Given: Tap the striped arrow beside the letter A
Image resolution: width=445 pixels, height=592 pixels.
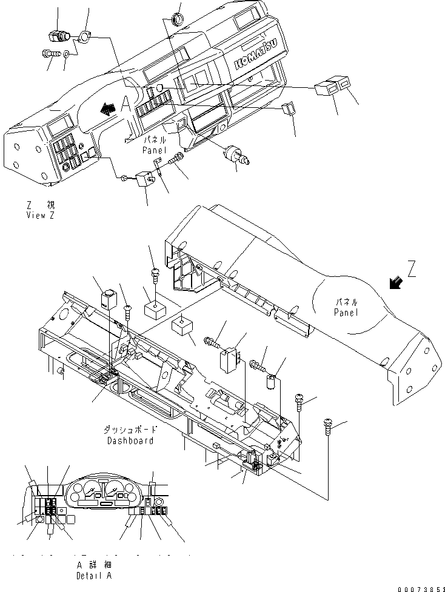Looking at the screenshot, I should coord(107,108).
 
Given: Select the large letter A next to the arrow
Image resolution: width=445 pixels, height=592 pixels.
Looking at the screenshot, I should coord(126,104).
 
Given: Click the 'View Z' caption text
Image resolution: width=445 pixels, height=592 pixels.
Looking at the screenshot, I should coord(40,211).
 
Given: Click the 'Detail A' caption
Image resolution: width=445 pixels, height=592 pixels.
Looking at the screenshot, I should coord(94,570).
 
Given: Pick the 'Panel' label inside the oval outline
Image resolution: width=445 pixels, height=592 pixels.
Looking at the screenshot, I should coord(346,307).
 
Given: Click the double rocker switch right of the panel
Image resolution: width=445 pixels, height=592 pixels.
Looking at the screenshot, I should coord(332,88).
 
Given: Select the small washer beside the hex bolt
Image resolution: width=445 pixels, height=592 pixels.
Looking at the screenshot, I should coord(67,55).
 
